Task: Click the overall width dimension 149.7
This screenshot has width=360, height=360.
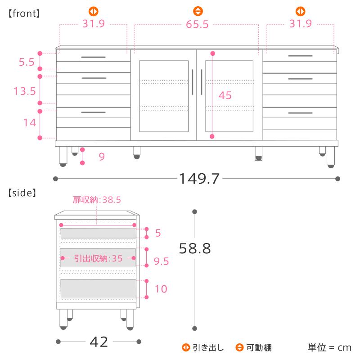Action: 199,179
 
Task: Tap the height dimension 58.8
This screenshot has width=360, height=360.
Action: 195,248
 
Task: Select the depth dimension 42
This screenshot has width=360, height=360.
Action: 99,342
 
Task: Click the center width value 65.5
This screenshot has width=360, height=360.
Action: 197,24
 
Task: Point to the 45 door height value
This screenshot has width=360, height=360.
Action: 225,95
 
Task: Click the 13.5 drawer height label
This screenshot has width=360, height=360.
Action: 25,91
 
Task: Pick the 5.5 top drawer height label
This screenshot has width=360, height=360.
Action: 27,62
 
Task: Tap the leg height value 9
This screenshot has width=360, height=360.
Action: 102,157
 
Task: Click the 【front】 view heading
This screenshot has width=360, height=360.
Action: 24,13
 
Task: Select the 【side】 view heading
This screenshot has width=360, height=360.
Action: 22,193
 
